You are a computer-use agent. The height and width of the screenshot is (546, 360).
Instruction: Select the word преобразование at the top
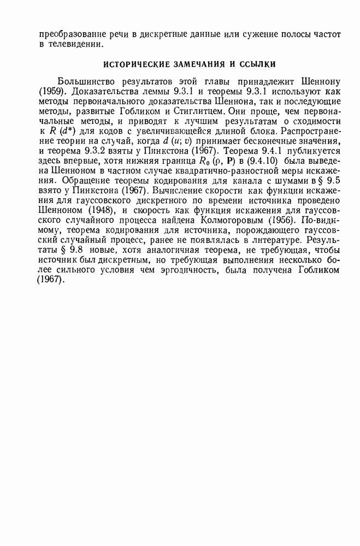click(70, 34)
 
